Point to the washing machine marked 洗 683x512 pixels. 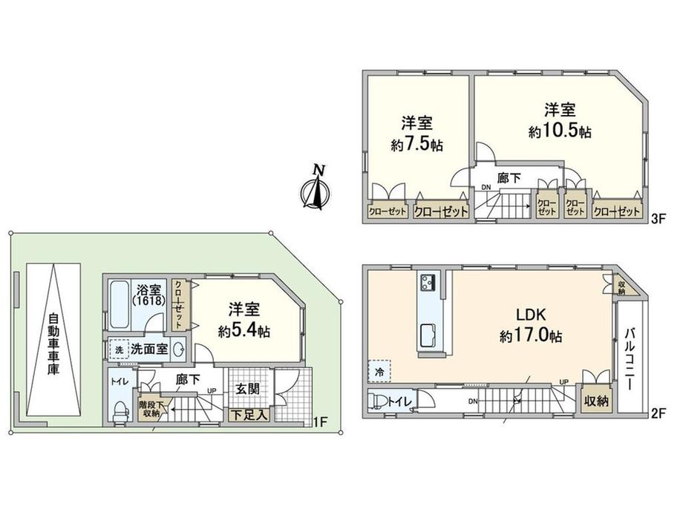[x=118, y=349]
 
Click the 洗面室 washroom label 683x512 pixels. [x=148, y=349]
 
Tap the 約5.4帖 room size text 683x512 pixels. [x=239, y=332]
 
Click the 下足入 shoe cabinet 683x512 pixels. [x=248, y=416]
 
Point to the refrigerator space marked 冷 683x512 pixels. [x=379, y=370]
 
